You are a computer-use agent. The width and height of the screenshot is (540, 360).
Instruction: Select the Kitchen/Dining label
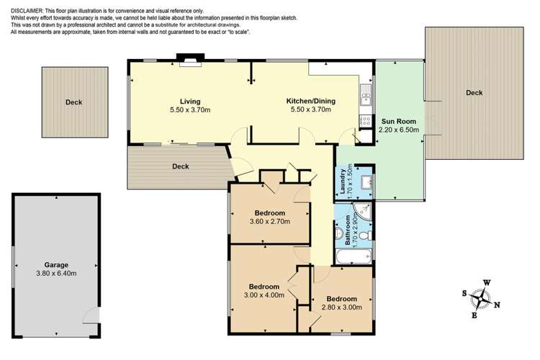coord(309,102)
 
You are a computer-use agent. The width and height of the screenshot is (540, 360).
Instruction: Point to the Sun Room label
coord(398,122)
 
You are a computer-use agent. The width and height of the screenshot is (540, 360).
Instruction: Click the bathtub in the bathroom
coord(353,256)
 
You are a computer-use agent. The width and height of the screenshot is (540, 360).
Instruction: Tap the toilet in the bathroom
coord(366,235)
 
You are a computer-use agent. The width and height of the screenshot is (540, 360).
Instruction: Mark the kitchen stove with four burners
coord(366,121)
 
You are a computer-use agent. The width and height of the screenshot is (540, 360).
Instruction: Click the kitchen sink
coord(366,91)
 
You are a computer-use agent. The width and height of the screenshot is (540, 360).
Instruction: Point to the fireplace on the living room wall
coord(190,60)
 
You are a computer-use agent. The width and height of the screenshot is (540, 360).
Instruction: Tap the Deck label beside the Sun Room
coord(474,93)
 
